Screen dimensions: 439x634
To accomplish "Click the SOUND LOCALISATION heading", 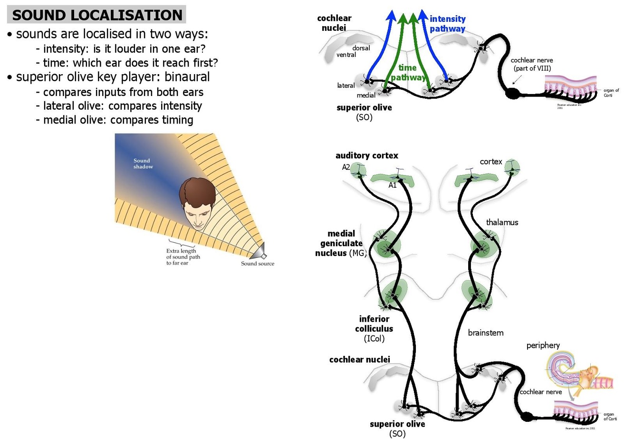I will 97,15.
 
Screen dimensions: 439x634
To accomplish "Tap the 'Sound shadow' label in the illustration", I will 143,163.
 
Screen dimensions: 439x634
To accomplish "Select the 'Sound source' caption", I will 258,264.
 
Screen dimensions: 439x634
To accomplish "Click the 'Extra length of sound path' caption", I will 183,257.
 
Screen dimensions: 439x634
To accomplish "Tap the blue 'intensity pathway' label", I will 447,24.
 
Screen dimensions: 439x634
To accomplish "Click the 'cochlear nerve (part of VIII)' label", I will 532,64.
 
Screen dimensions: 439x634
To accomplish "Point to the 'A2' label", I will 346,167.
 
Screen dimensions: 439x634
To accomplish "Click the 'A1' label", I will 392,185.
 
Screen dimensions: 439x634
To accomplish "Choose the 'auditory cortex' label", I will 366,155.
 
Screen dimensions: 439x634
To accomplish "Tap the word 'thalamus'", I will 502,222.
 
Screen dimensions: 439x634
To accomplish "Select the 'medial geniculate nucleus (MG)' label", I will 341,243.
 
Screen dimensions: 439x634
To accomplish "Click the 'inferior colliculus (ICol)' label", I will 374,328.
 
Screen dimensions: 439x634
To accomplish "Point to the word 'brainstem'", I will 485,333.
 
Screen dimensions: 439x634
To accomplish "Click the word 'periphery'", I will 543,345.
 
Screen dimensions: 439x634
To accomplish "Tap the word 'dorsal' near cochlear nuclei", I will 361,48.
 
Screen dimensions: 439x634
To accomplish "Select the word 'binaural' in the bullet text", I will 187,77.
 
